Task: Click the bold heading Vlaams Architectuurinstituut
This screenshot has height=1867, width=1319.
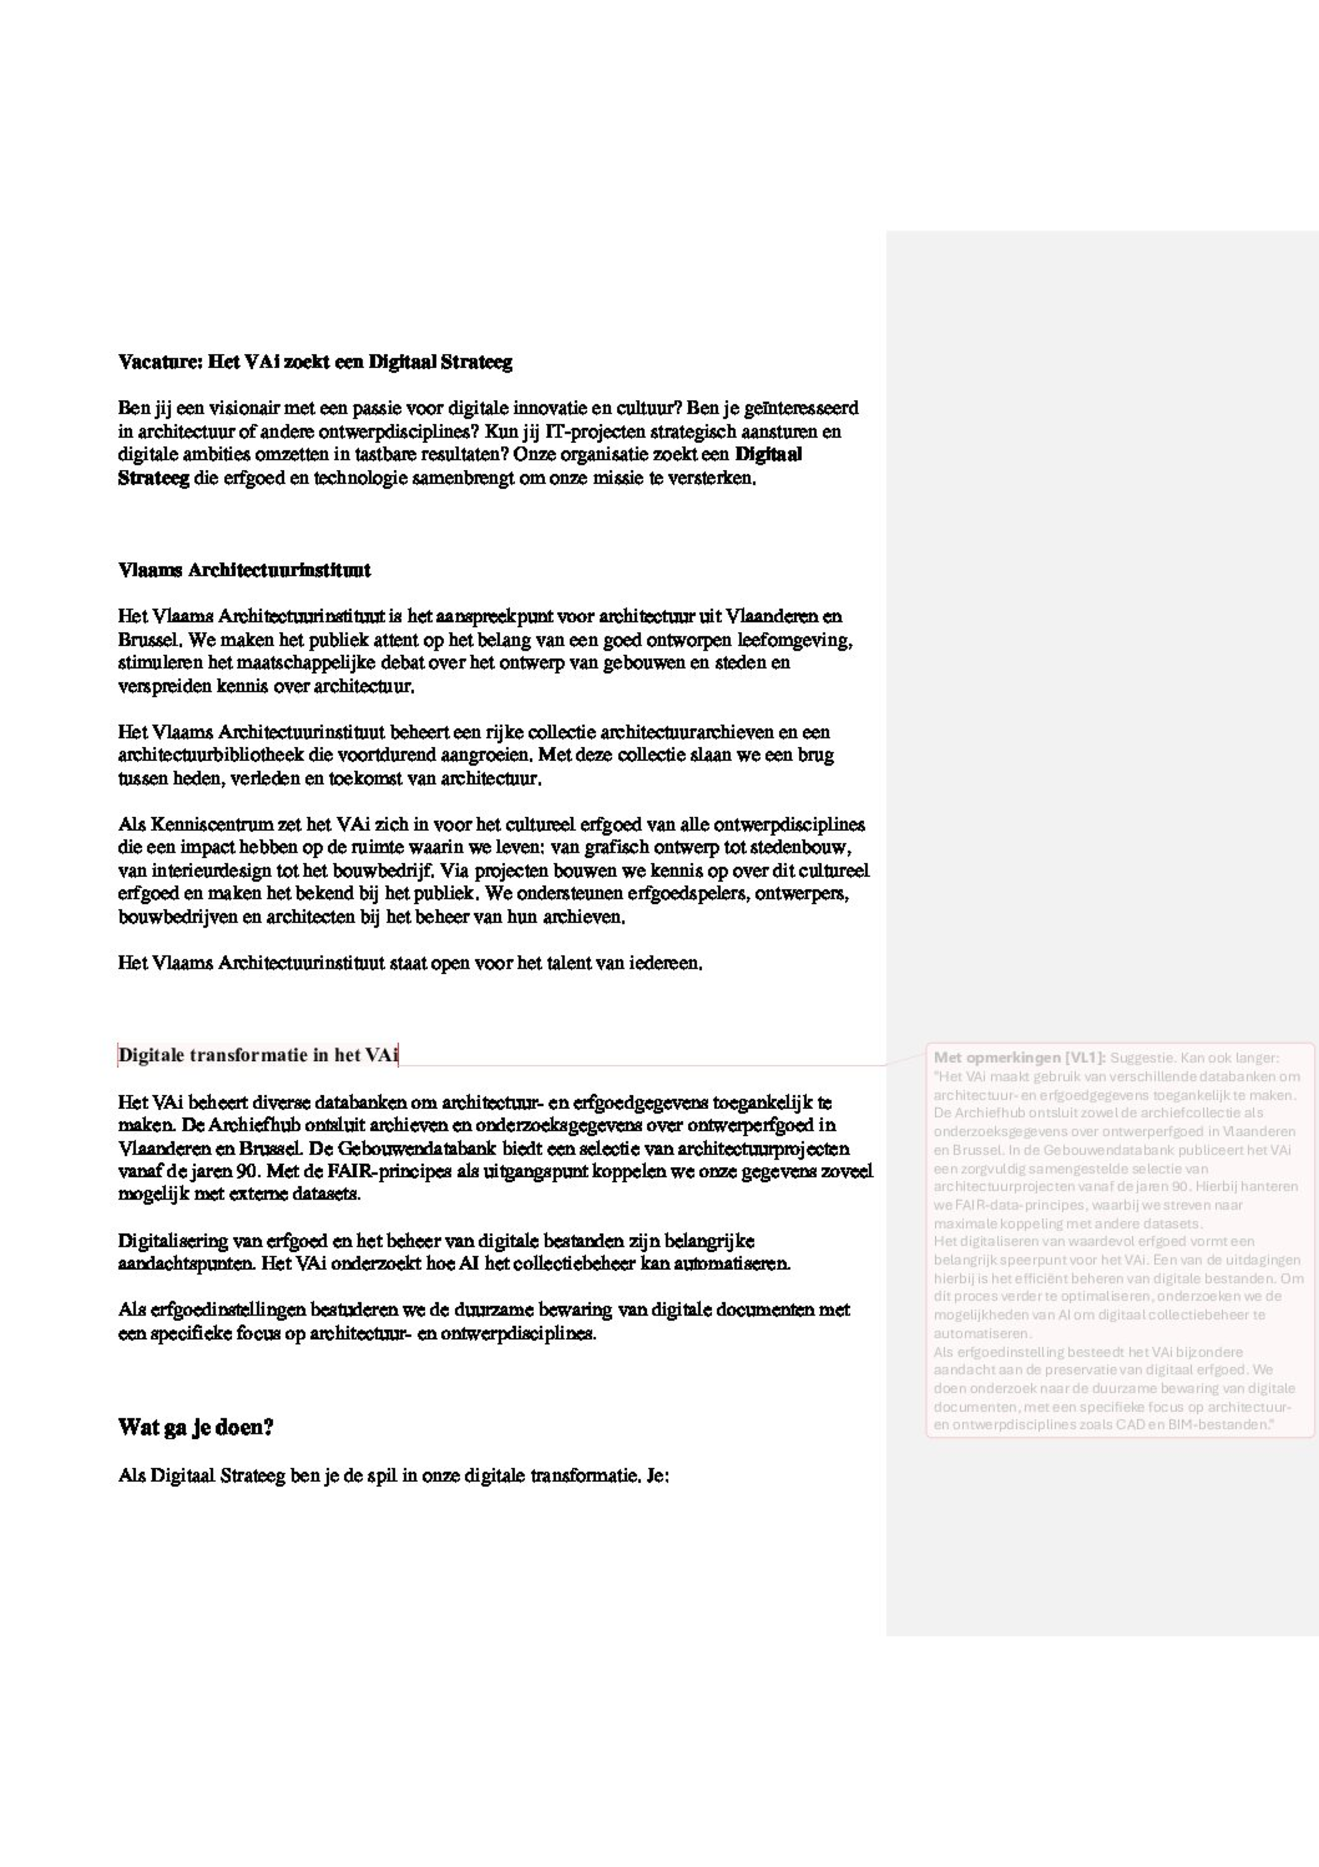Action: click(244, 570)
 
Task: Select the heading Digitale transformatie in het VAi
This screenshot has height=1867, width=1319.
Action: click(258, 1056)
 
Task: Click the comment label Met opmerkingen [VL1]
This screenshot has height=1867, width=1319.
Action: click(1019, 1058)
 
